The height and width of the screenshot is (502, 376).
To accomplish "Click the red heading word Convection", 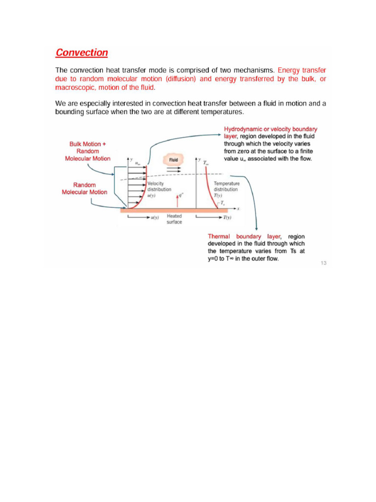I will [x=82, y=52].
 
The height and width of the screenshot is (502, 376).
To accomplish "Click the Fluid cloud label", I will [x=173, y=160].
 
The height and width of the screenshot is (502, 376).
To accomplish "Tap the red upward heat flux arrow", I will [x=177, y=200].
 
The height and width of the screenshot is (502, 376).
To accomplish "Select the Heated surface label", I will [x=174, y=219].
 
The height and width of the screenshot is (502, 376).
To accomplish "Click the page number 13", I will [x=323, y=263].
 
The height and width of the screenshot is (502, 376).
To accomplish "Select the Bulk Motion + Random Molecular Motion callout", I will [x=88, y=151].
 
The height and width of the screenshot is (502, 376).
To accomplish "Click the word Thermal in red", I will [x=218, y=237].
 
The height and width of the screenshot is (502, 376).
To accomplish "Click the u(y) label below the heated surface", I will [x=154, y=218].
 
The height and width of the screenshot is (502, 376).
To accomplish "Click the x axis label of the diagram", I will [x=238, y=208].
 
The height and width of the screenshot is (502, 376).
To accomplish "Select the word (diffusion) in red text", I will [x=180, y=79].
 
